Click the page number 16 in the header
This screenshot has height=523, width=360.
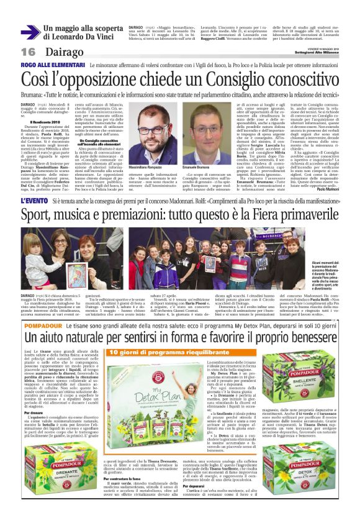click(29, 51)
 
